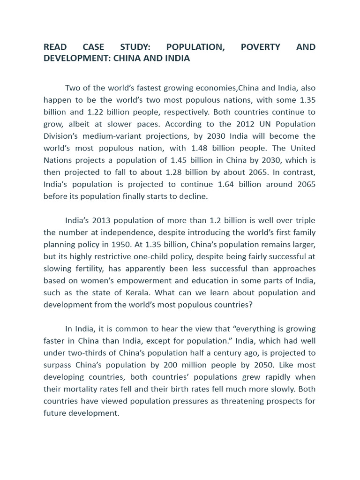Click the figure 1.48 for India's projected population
click(x=213, y=148)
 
